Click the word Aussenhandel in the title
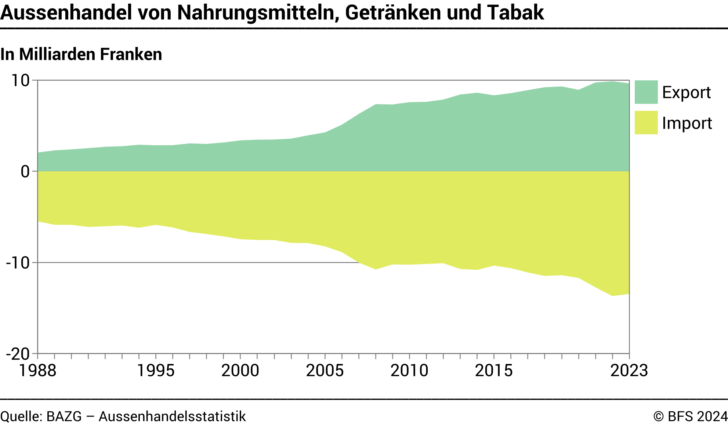coord(66,12)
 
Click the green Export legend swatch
coord(646,92)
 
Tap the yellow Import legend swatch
coord(646,123)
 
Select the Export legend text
coord(686,92)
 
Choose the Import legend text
coord(687,123)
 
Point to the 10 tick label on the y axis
coord(21,80)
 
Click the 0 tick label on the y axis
coord(25,171)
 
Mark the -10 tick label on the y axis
coord(18,263)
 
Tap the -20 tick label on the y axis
coord(18,354)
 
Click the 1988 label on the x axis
coord(37,371)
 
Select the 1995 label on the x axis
coord(156,371)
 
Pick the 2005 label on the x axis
coord(325,371)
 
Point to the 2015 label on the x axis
coord(494,371)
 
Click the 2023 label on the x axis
coord(629,371)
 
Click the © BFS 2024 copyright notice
coord(690,417)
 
